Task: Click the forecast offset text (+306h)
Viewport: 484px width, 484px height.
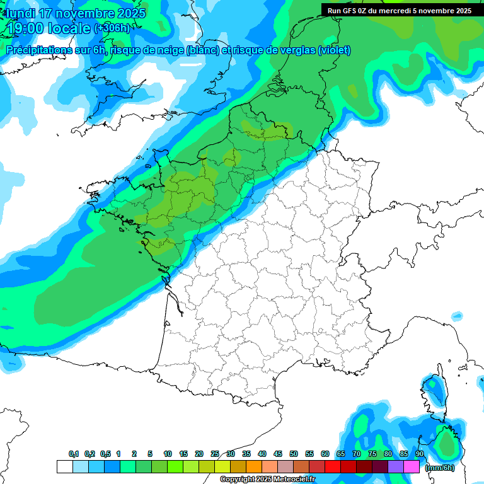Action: [112, 28]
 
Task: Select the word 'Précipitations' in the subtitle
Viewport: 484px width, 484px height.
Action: [38, 50]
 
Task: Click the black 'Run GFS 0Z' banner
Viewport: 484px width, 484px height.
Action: [400, 10]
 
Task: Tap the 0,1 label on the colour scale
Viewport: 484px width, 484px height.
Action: [73, 454]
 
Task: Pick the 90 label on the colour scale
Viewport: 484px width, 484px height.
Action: [419, 454]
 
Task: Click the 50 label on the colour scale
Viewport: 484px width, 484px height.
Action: [294, 454]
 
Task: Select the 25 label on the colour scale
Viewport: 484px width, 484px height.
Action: [215, 454]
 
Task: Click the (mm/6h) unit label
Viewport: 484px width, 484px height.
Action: [439, 468]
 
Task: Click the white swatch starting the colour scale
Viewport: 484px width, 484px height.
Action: [64, 467]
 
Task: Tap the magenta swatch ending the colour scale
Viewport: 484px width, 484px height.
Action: [412, 467]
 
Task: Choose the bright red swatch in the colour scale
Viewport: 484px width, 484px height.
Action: [333, 467]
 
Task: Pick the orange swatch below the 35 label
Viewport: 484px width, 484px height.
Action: [254, 467]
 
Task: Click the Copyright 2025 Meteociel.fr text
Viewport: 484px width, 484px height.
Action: [267, 479]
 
